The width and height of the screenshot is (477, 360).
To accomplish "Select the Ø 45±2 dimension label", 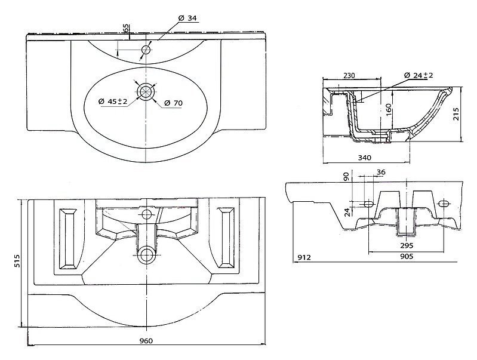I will click(113, 102).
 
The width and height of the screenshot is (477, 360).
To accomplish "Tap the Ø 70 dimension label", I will click(173, 104).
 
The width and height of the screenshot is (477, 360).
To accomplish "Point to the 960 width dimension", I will click(146, 340).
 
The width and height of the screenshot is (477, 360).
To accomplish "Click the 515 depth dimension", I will click(17, 261).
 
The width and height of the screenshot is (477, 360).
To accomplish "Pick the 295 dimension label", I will click(406, 245).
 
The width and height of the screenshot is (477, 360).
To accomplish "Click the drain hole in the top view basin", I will click(146, 91).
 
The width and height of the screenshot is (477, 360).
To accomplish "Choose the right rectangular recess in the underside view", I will click(226, 238).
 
